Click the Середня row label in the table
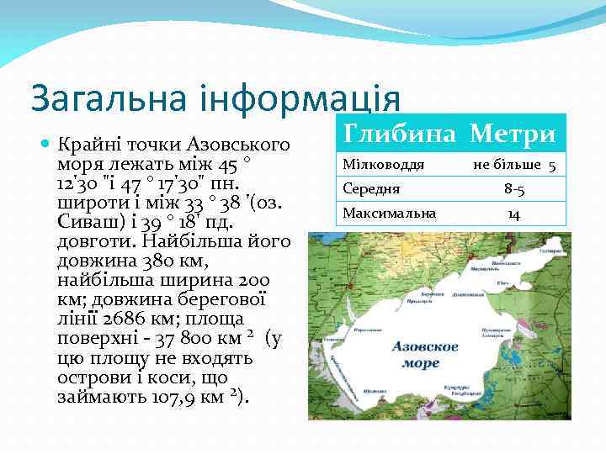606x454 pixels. pos(371,188)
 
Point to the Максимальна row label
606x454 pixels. pos(389,214)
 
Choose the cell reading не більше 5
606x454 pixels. pos(513,165)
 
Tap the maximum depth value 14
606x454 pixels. pos(513,214)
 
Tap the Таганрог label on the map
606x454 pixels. pos(550,251)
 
